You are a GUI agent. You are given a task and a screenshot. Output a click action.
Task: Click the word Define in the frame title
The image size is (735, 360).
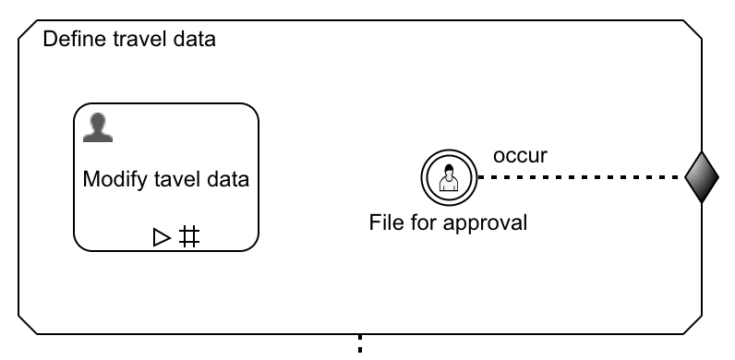(x=73, y=41)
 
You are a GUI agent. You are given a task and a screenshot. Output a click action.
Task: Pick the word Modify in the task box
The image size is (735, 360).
(x=109, y=179)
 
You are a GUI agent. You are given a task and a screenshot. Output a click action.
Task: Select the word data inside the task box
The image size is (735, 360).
(x=228, y=179)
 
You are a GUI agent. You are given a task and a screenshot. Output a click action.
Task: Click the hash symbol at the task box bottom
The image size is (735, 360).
(x=188, y=237)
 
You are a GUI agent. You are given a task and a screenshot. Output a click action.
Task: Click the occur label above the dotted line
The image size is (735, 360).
(x=520, y=155)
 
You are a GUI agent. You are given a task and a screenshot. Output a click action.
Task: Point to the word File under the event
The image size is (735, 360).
(x=385, y=222)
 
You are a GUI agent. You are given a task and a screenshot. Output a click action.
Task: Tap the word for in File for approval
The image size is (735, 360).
(x=425, y=222)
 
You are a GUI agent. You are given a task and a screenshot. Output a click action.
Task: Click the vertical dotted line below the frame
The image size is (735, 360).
(x=360, y=346)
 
